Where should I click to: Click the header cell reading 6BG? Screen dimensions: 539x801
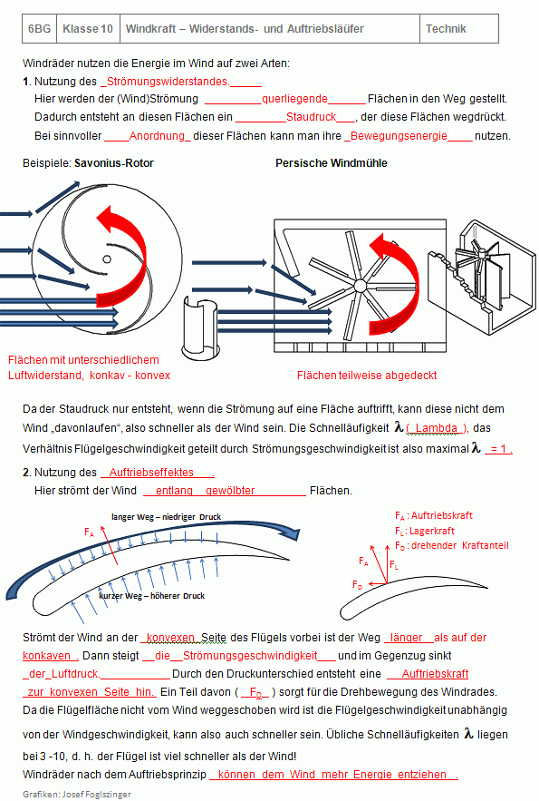point(39,29)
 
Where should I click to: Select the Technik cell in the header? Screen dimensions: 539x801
point(459,29)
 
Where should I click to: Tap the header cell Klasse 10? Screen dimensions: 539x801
point(88,29)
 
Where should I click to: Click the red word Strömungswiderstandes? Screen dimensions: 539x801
point(168,82)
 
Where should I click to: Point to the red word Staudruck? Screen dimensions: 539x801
point(311,117)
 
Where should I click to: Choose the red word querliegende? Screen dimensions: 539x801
point(294,99)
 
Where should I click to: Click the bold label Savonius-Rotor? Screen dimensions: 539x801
point(114,163)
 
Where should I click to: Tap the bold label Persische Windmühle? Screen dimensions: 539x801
point(332,163)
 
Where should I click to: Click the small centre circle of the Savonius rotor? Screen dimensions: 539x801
point(107,259)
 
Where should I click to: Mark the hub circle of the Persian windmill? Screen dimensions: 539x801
point(360,286)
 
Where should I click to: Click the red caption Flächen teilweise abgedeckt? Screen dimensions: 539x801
point(367,376)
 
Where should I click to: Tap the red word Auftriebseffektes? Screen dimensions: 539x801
point(151,473)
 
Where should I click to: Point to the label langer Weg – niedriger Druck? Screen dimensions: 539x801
point(167,517)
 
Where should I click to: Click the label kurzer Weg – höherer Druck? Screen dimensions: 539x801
point(152,596)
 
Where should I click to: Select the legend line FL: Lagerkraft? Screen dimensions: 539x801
point(425,532)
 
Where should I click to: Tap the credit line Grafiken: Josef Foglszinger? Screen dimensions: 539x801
point(77,795)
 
